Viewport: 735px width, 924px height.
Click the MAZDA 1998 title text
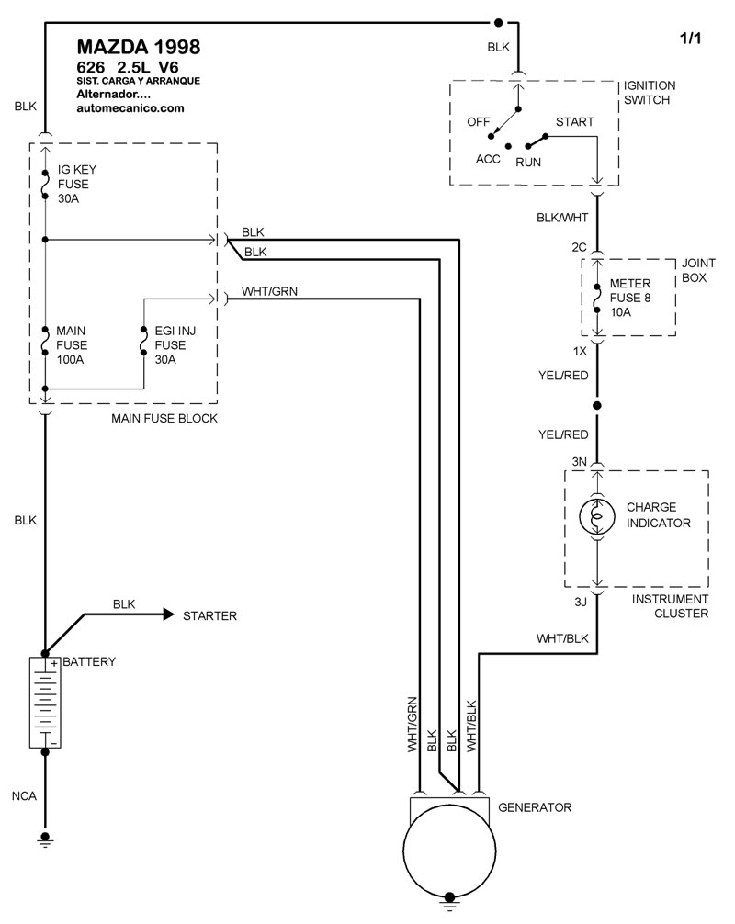[137, 47]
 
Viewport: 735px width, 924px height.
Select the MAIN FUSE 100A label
[71, 344]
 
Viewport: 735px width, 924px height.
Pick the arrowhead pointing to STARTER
[168, 614]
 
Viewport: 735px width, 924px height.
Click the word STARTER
[209, 615]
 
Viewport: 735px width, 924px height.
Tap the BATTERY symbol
[44, 703]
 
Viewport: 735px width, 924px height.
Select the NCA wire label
[25, 795]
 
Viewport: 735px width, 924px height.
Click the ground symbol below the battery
[44, 838]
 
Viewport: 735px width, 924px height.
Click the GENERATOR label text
[535, 808]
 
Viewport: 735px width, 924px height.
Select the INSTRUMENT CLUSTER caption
[670, 606]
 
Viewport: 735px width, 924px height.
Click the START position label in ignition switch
[574, 122]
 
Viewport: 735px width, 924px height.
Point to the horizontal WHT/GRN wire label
[269, 291]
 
